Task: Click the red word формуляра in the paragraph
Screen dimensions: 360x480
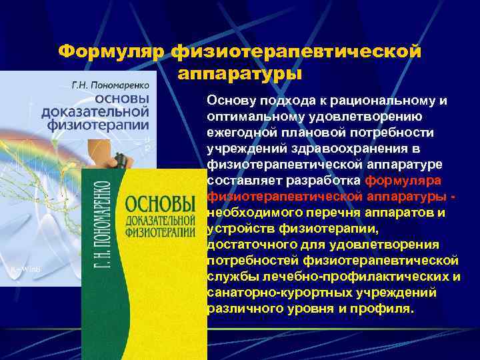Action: pos(407,181)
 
